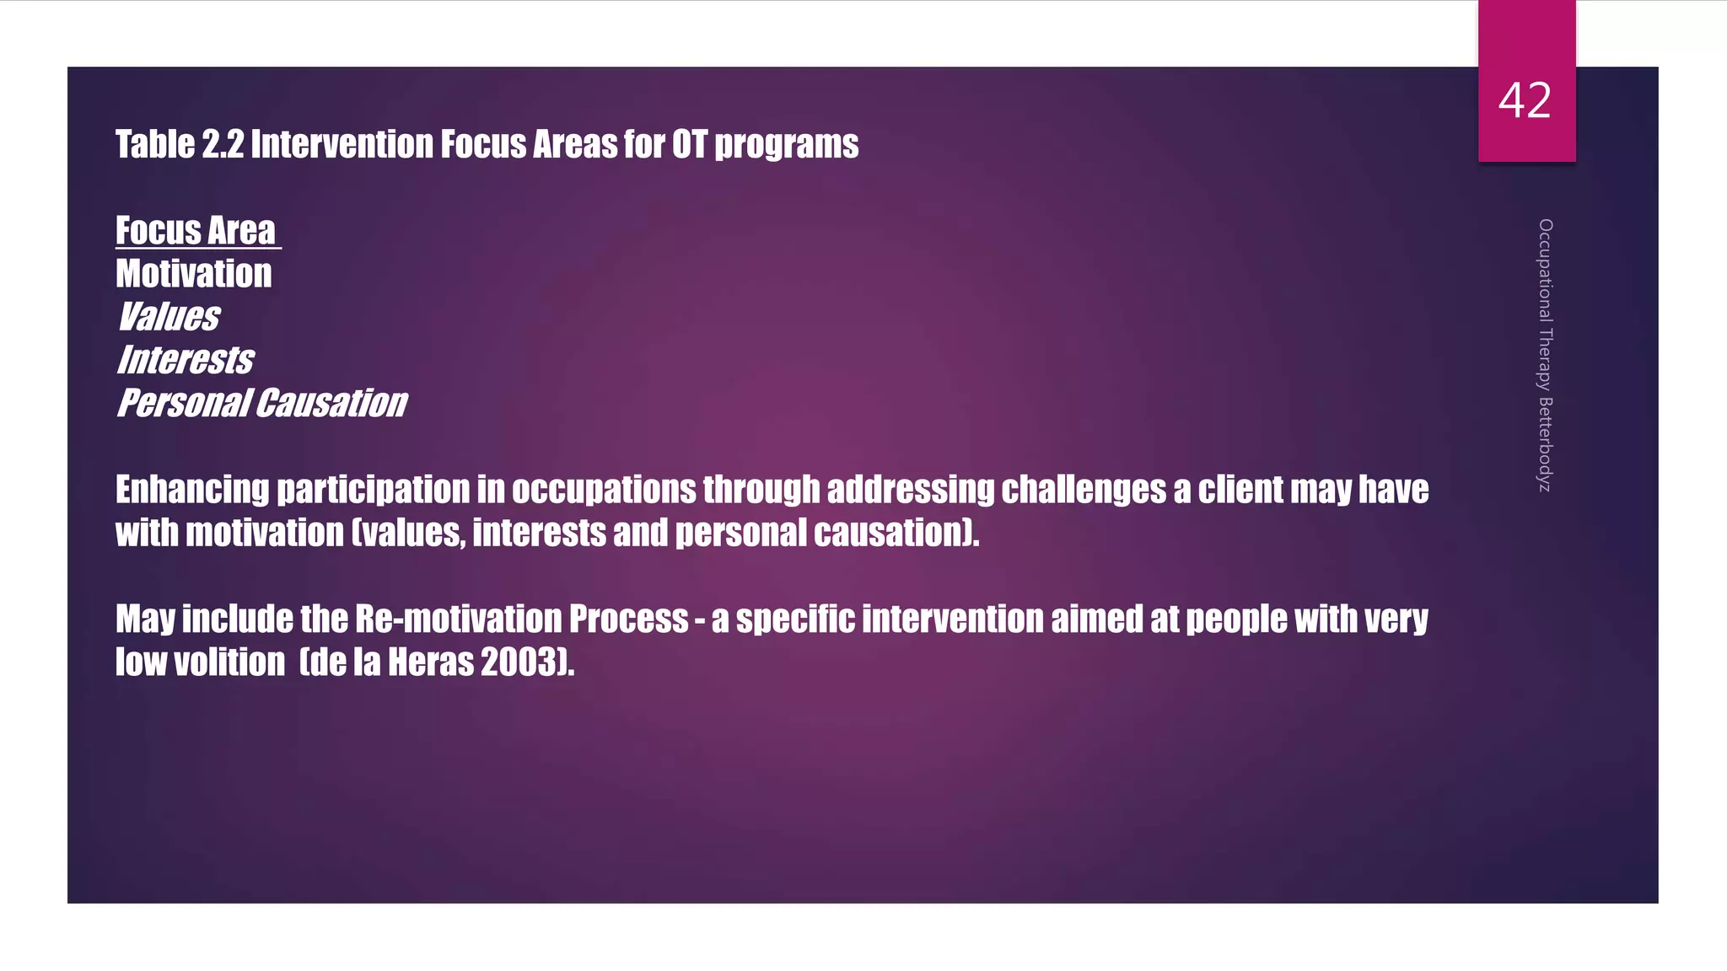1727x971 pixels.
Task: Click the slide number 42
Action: click(1525, 101)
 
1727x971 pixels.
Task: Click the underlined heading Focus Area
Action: click(196, 231)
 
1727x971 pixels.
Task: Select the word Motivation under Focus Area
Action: click(194, 274)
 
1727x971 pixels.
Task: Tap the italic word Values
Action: click(169, 317)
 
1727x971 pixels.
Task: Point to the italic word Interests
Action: click(186, 360)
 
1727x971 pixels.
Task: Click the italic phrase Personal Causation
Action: click(262, 403)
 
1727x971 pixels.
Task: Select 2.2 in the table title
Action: click(223, 145)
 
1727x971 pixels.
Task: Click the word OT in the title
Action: click(689, 145)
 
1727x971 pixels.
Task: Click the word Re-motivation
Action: click(458, 620)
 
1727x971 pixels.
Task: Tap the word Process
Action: click(629, 620)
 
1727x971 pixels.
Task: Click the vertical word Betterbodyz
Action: click(1545, 444)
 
